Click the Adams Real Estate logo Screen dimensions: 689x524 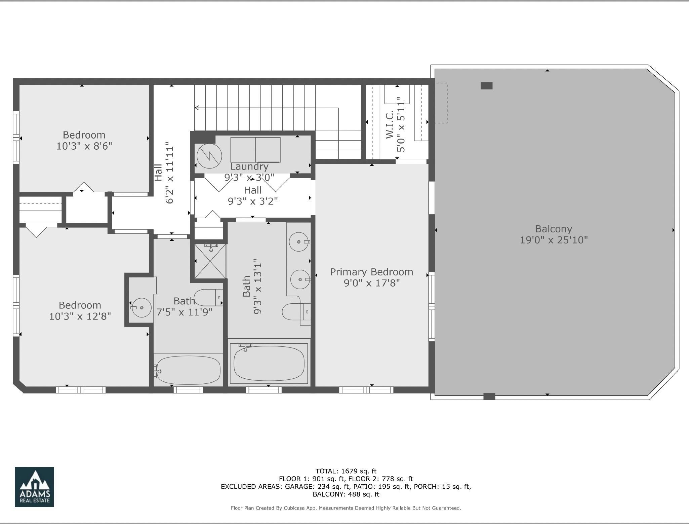click(x=34, y=487)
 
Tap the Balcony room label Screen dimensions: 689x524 click(x=554, y=229)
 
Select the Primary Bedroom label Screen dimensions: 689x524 click(x=371, y=272)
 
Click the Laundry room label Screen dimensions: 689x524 click(x=249, y=166)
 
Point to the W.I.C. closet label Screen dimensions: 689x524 click(x=390, y=125)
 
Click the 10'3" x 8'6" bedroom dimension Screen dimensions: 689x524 click(x=84, y=146)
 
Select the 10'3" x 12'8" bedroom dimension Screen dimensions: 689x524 click(x=80, y=316)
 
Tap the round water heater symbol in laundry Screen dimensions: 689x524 click(x=209, y=156)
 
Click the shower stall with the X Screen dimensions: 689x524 click(x=211, y=261)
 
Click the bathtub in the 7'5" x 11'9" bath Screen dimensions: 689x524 click(x=189, y=370)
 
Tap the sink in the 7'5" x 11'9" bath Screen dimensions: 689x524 click(x=141, y=307)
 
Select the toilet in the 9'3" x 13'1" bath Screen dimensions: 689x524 click(x=296, y=312)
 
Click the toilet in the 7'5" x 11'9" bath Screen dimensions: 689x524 click(x=208, y=298)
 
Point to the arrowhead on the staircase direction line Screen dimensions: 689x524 click(x=197, y=108)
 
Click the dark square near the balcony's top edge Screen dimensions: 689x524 click(x=486, y=86)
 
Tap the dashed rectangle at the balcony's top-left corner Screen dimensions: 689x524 click(x=441, y=103)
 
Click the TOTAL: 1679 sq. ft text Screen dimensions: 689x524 click(x=346, y=471)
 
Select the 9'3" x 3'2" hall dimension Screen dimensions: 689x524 click(x=253, y=201)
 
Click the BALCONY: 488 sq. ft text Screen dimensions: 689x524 click(x=346, y=494)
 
